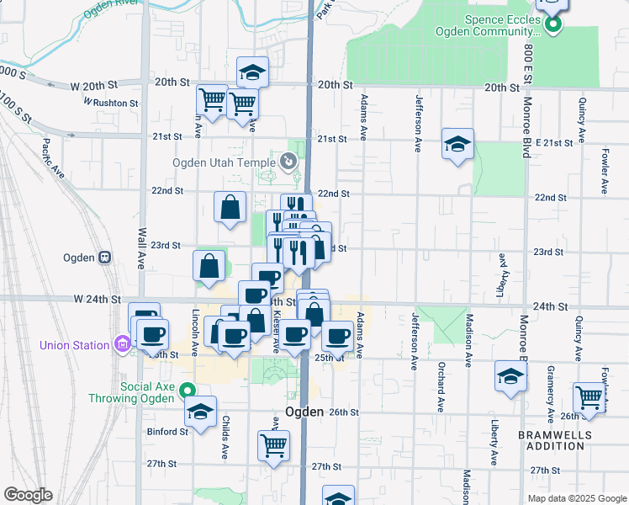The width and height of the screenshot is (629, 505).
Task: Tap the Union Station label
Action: pos(74,345)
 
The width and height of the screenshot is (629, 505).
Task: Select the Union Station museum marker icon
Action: pos(123,344)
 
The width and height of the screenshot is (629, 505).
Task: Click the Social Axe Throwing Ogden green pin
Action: pos(189,390)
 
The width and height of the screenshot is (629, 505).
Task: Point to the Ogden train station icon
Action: pos(106,258)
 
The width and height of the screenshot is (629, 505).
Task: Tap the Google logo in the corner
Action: pos(28,495)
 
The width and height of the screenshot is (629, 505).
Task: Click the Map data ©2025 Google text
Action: pos(576,498)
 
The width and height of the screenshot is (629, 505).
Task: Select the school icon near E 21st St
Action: pos(458,145)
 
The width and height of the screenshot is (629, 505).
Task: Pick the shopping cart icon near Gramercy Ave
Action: pos(589,396)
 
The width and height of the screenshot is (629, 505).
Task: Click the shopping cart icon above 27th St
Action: pos(273,444)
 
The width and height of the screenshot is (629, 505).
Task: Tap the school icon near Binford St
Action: pos(200,412)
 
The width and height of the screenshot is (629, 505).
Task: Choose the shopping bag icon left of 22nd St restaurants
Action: pos(230,206)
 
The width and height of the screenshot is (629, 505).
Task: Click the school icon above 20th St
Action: pos(251,72)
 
